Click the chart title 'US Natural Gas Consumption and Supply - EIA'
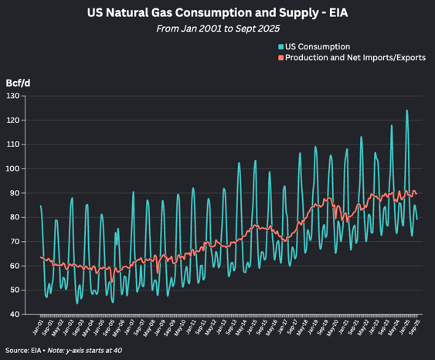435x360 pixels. coord(217,13)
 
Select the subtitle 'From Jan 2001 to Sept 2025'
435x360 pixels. coord(217,28)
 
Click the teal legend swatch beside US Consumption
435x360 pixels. coord(280,46)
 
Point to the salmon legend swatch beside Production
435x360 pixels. coord(280,57)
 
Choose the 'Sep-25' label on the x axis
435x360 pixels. coord(417,326)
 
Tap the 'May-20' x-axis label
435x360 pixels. coord(335,326)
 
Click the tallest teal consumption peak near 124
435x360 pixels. coord(406,110)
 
